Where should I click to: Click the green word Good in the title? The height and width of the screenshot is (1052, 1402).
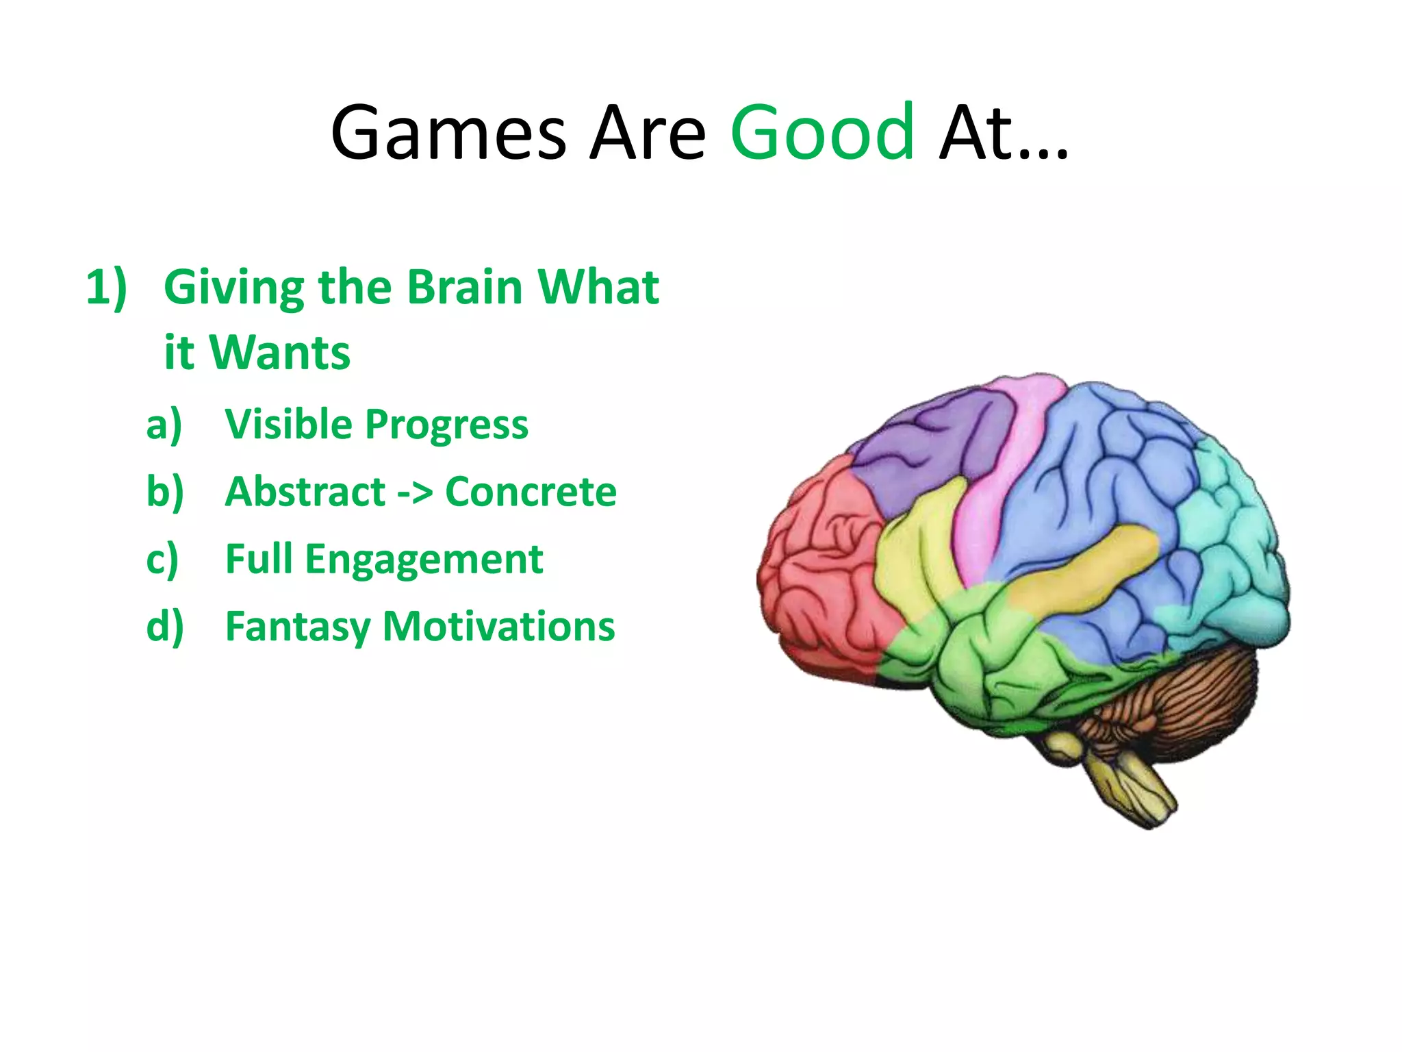[822, 131]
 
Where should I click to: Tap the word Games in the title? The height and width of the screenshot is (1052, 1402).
[448, 131]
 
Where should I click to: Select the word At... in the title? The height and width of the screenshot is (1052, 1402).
[1003, 131]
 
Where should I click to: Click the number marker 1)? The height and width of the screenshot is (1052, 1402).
[107, 286]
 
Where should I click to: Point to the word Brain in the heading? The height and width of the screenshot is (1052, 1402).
[465, 286]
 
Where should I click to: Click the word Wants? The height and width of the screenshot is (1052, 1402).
[281, 353]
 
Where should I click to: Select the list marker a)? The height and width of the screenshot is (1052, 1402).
[164, 425]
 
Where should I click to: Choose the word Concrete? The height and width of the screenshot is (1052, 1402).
[531, 492]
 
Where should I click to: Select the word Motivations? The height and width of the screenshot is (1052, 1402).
[498, 626]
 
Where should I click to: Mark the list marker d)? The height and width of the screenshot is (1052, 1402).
[165, 627]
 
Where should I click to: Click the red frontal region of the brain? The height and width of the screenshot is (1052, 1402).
[821, 568]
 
